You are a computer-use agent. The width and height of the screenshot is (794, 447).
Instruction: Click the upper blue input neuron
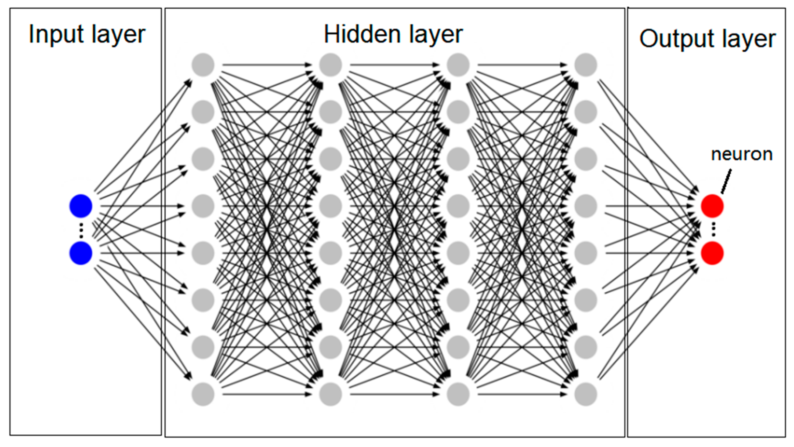coord(81,206)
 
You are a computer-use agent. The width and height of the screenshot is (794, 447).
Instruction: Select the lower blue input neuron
coord(81,253)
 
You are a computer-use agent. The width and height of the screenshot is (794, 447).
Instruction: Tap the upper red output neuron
coord(712,206)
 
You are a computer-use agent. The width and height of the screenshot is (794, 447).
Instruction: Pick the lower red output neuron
coord(712,253)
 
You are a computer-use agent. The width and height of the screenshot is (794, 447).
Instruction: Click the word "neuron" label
coord(742,154)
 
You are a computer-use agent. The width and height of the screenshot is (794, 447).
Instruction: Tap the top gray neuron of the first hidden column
coord(203,65)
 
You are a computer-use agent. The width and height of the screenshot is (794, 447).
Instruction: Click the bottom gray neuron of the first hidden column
coord(203,394)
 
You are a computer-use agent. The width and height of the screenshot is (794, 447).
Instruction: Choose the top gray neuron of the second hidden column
coord(331,65)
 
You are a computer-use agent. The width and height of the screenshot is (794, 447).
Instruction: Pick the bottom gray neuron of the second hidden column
coord(331,394)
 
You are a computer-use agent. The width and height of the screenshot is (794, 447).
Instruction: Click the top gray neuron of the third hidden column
coord(458,65)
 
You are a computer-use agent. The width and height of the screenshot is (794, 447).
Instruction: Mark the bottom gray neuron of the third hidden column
coord(458,394)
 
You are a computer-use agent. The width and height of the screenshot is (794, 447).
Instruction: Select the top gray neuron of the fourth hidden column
coord(586,65)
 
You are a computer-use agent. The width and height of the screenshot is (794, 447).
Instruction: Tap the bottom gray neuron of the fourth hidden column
coord(586,394)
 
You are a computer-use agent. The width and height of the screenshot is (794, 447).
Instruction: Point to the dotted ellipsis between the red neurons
coord(713,230)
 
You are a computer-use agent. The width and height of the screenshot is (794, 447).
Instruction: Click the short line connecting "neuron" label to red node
coord(726,182)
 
